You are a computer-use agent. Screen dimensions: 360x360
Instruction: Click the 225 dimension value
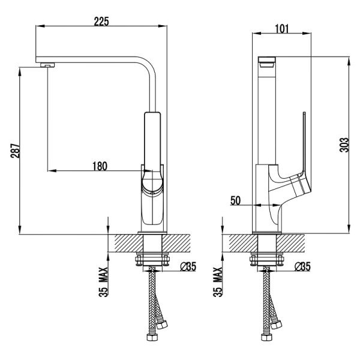click(x=101, y=22)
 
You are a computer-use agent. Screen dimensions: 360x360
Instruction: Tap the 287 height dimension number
click(x=15, y=151)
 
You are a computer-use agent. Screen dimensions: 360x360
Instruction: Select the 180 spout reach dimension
click(x=100, y=166)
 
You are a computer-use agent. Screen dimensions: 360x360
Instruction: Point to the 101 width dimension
click(x=282, y=29)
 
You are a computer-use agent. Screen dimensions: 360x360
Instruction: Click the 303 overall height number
click(x=344, y=145)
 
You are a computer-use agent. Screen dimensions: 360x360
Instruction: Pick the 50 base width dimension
click(x=235, y=200)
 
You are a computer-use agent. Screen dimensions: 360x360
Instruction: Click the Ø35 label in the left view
click(x=188, y=266)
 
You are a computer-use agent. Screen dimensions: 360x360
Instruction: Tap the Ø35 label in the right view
click(x=302, y=266)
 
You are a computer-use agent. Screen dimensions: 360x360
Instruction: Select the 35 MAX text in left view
click(x=103, y=282)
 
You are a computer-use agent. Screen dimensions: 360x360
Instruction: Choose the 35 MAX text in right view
click(x=218, y=282)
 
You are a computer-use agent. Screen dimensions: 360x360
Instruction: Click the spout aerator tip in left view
click(x=47, y=65)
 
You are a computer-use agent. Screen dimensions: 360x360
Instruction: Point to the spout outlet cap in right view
click(x=266, y=62)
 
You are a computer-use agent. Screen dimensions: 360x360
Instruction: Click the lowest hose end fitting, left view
click(x=152, y=337)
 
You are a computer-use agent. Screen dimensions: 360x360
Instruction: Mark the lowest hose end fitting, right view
click(x=267, y=337)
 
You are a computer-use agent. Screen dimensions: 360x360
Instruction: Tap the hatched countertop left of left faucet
click(x=128, y=244)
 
